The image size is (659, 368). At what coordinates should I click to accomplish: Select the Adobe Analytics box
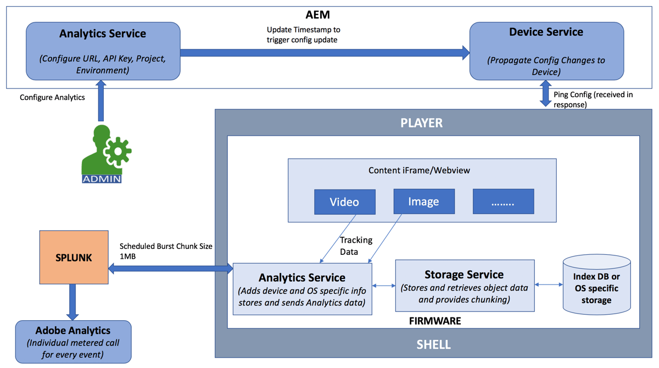point(73,341)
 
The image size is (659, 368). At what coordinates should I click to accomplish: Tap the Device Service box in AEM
point(546,51)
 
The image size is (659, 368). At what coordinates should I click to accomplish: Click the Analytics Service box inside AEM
point(103,51)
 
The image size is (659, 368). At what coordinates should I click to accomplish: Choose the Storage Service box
point(465,286)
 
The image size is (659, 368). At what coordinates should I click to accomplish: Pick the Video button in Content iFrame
point(344,202)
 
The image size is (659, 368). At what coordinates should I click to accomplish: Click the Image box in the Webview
point(423,202)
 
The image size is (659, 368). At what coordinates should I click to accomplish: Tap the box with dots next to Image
point(503,202)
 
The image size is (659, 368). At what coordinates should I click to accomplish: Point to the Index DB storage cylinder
point(596,286)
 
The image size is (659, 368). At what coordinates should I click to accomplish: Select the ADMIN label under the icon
point(102,179)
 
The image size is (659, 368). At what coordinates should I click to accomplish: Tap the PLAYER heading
point(422,122)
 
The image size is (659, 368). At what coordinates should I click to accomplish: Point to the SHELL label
point(434,345)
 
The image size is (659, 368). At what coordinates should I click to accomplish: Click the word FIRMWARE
point(435,321)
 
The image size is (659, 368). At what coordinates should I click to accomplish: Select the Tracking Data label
point(356,246)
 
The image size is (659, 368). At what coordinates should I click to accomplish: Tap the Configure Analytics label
point(52,97)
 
